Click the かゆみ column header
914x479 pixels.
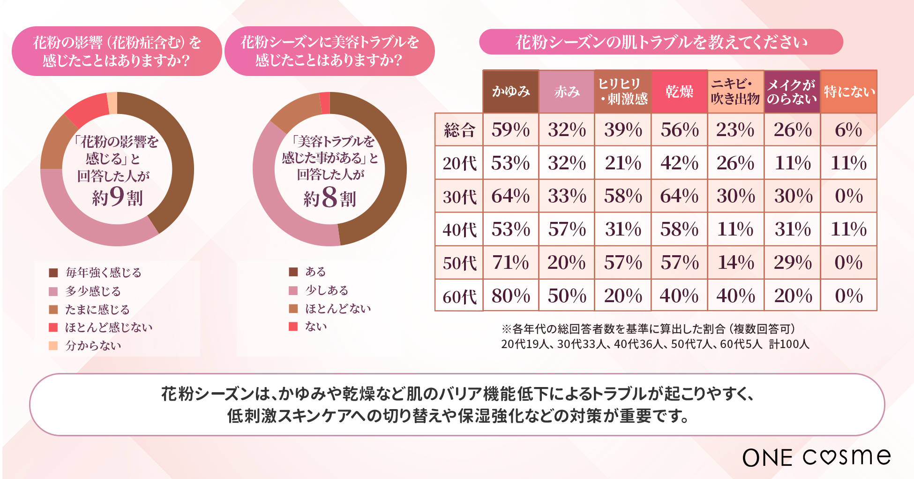(510, 91)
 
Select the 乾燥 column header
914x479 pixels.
(679, 91)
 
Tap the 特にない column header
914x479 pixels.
(849, 91)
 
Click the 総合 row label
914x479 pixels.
(459, 130)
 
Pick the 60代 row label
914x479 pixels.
(459, 296)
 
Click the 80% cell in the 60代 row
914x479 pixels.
(510, 296)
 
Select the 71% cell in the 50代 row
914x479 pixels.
(510, 263)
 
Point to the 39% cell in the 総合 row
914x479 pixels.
(623, 130)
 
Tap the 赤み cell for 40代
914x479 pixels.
(567, 229)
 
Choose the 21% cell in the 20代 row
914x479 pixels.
(623, 163)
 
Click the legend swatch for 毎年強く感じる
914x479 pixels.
(53, 273)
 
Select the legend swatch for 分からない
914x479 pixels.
(53, 346)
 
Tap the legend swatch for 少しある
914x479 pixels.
(293, 290)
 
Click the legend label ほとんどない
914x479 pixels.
(338, 309)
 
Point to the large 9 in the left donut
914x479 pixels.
(117, 196)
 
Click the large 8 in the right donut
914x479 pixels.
(330, 197)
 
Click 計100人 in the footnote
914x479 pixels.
(789, 344)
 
